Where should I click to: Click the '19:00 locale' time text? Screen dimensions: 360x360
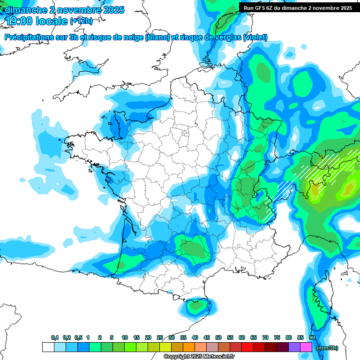click(37, 20)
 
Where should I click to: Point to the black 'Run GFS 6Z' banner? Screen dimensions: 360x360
click(298, 7)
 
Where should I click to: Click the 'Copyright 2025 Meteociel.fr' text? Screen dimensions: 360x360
click(199, 357)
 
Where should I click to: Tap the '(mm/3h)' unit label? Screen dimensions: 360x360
click(327, 347)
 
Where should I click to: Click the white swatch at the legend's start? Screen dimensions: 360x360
click(48, 347)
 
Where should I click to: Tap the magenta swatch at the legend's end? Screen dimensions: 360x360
click(306, 347)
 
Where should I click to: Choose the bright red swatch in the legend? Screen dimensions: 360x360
click(247, 347)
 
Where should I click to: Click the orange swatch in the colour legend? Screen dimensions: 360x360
click(189, 347)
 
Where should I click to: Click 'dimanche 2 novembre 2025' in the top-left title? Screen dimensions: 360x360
click(65, 9)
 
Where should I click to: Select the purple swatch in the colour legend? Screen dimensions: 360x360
click(294, 347)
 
